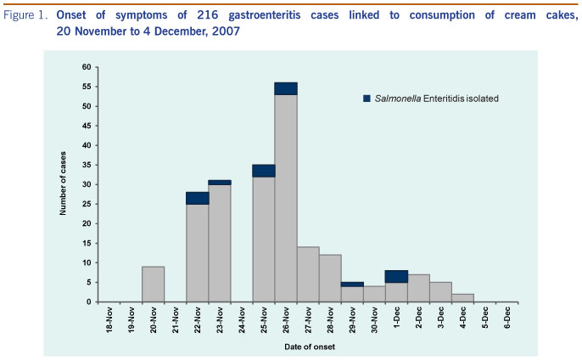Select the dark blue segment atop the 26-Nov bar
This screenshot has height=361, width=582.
[x=285, y=88]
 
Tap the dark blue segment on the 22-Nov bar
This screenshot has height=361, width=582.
[x=197, y=198]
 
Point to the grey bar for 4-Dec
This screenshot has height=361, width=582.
[x=462, y=297]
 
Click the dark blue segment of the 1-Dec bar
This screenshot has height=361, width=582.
[x=395, y=276]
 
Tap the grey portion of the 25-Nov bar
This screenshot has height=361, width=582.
[x=263, y=239]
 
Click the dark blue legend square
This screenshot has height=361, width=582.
[x=367, y=99]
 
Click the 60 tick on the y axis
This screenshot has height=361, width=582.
[x=86, y=67]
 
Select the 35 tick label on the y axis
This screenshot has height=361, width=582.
[x=86, y=165]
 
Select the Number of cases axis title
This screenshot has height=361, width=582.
[x=64, y=184]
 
